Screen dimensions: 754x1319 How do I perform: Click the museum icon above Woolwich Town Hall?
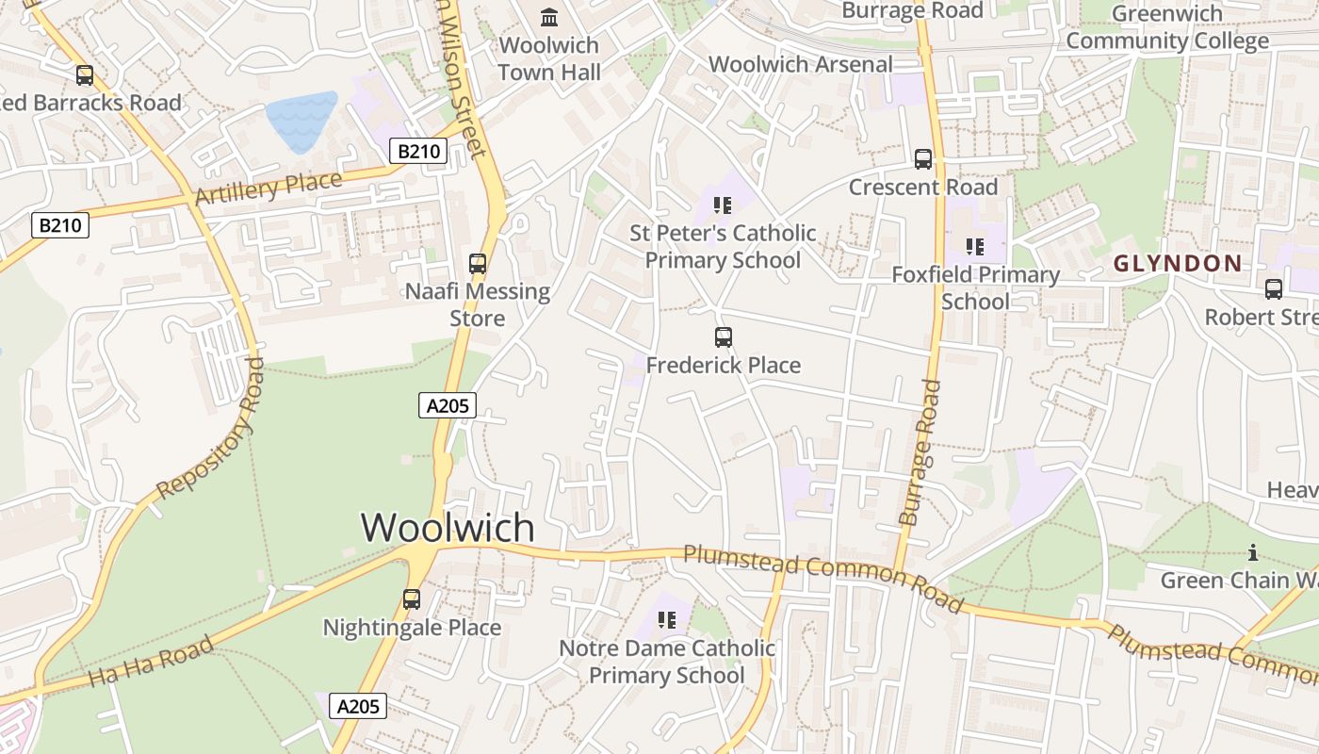549,17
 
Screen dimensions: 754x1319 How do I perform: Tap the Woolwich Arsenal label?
801,64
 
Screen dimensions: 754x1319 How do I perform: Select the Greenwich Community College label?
1167,27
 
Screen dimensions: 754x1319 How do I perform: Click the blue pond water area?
301,120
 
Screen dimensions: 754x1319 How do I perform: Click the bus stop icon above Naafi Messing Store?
478,264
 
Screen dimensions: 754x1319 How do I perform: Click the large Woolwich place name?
448,527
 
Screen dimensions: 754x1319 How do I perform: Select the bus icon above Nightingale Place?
412,599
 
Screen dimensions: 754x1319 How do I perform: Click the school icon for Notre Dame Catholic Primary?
667,619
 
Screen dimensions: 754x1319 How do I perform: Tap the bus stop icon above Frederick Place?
724,336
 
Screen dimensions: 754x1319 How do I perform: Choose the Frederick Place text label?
724,365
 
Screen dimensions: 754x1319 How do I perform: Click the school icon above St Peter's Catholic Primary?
723,205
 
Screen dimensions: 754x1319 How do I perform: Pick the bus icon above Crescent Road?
923,159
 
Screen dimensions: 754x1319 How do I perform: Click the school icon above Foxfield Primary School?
975,247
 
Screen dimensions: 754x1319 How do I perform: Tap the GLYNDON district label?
1178,264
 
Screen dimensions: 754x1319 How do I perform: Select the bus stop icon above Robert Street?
1274,289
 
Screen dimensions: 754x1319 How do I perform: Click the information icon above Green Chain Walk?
1253,552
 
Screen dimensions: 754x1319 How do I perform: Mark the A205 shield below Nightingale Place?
358,706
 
